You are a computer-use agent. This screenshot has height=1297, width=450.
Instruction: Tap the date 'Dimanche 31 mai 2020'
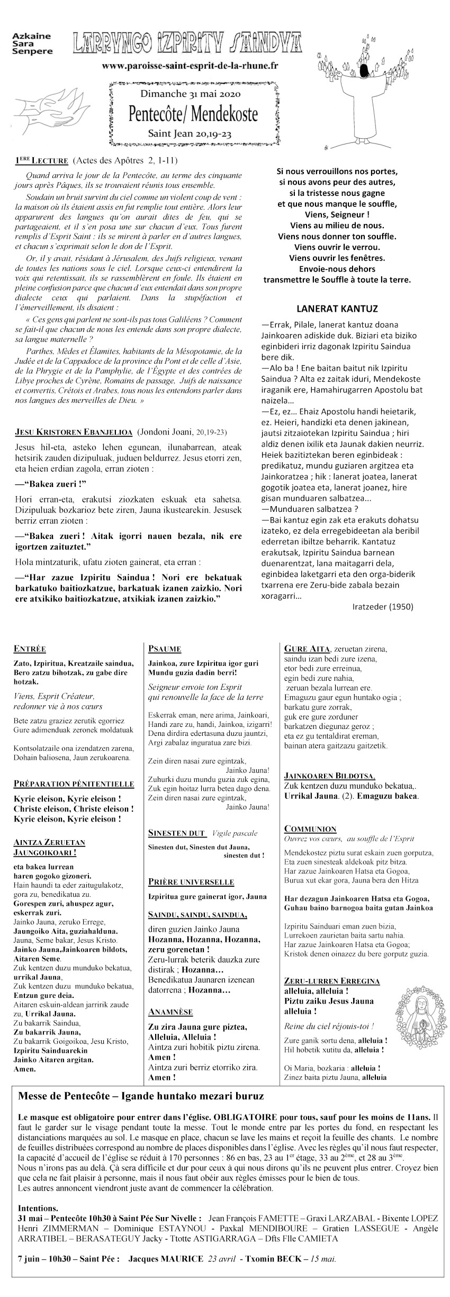coord(191,94)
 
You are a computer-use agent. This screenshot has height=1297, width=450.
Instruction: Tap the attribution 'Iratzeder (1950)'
coord(382,607)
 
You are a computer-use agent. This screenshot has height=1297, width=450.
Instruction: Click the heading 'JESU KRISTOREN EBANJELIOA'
coord(74,432)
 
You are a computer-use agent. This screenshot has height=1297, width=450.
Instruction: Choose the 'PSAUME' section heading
coord(165,648)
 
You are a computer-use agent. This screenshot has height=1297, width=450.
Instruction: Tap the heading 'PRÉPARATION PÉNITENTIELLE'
coord(74,783)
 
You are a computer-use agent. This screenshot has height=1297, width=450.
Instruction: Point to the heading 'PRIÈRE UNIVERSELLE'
coord(191,882)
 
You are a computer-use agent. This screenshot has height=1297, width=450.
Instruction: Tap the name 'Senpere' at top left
coord(32,51)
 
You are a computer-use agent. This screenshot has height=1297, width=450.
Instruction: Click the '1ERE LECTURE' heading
coord(41,160)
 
